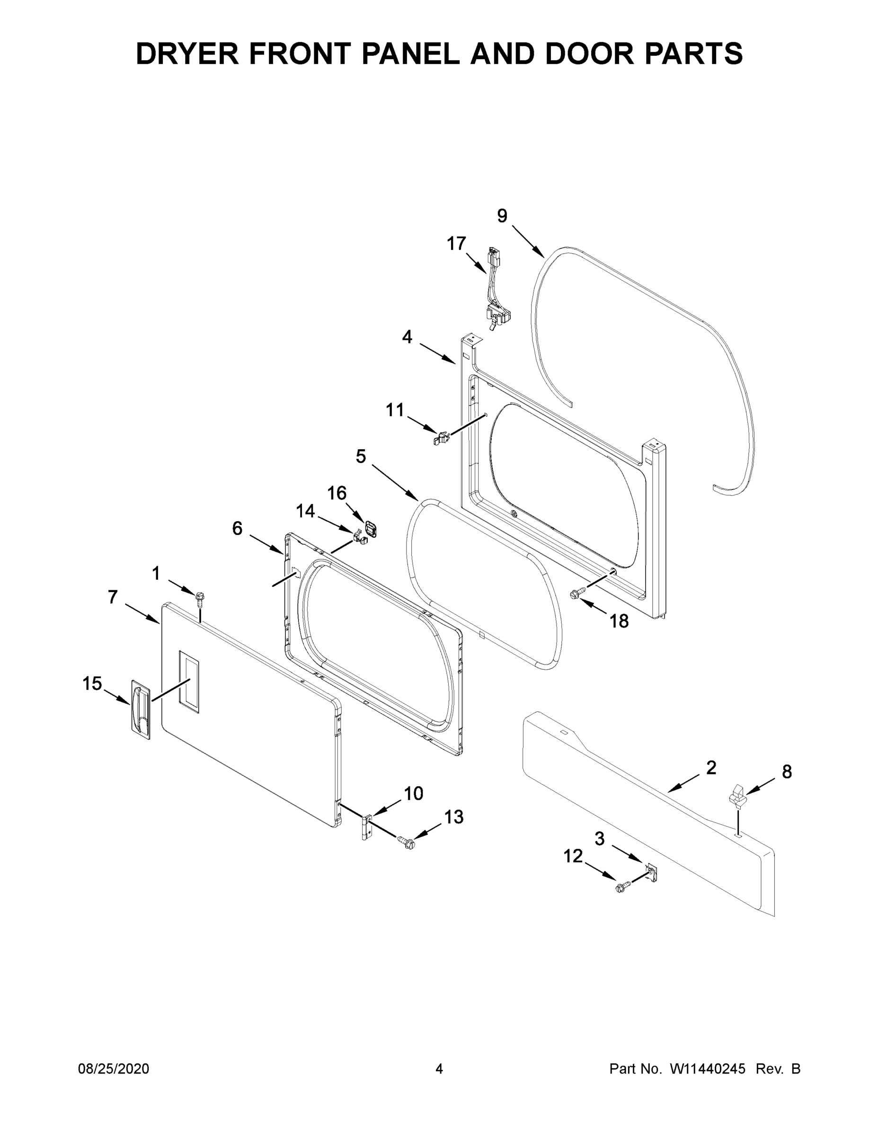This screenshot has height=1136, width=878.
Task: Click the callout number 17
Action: pyautogui.click(x=457, y=243)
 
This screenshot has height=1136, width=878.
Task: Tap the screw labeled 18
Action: pyautogui.click(x=578, y=593)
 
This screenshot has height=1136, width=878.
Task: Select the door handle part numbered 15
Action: pyautogui.click(x=140, y=710)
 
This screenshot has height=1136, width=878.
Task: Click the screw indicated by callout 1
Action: pyautogui.click(x=200, y=599)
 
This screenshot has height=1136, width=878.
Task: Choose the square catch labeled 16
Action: pyautogui.click(x=370, y=529)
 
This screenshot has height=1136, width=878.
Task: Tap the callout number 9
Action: pyautogui.click(x=502, y=215)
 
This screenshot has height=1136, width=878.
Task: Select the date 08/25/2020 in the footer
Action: pyautogui.click(x=114, y=1069)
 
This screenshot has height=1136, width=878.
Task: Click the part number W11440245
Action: pyautogui.click(x=708, y=1069)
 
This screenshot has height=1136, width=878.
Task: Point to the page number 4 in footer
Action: pyautogui.click(x=439, y=1069)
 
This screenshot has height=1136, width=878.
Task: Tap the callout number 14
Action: pyautogui.click(x=305, y=511)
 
